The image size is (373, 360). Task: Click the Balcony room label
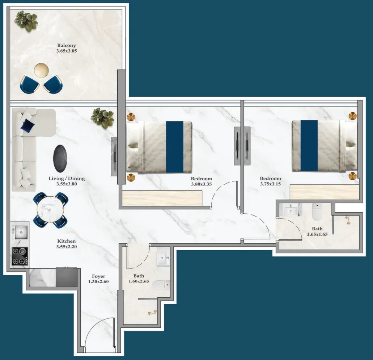(x=67, y=46)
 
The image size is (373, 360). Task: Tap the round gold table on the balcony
(x=41, y=70)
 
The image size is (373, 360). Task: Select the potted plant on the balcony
(x=26, y=20)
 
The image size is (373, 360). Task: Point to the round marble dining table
(x=51, y=210)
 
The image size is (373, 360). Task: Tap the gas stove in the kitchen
(x=20, y=256)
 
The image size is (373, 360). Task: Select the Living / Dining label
(x=67, y=178)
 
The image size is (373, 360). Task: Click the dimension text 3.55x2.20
(x=67, y=247)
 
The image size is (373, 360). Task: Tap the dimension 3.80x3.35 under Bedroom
(x=201, y=184)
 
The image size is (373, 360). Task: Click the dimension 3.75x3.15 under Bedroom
(x=270, y=184)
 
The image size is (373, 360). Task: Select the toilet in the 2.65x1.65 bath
(x=317, y=213)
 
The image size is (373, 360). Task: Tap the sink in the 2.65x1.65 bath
(x=291, y=210)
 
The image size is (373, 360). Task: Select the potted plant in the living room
(x=102, y=117)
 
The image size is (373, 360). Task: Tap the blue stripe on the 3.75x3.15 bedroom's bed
(x=309, y=146)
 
